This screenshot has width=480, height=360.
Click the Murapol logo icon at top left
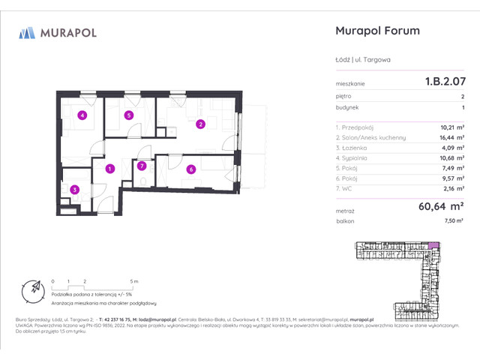point(27,32)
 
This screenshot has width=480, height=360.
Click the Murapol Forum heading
point(376,31)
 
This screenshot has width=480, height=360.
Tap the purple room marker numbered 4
point(82,115)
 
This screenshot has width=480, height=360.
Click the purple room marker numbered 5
point(129,115)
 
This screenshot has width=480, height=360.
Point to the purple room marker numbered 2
point(200,124)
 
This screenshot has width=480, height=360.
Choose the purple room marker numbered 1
point(109,169)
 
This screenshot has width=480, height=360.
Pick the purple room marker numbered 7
point(141,166)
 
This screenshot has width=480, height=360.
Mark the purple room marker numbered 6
point(191,169)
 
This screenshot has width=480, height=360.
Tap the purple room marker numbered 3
point(74,190)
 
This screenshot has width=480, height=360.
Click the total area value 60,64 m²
point(439,205)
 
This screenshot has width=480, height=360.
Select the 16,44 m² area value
point(450,138)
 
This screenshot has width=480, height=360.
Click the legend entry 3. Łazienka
point(355,148)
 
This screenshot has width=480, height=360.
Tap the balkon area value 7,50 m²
point(452,221)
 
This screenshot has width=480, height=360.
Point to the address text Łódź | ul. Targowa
point(362,58)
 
